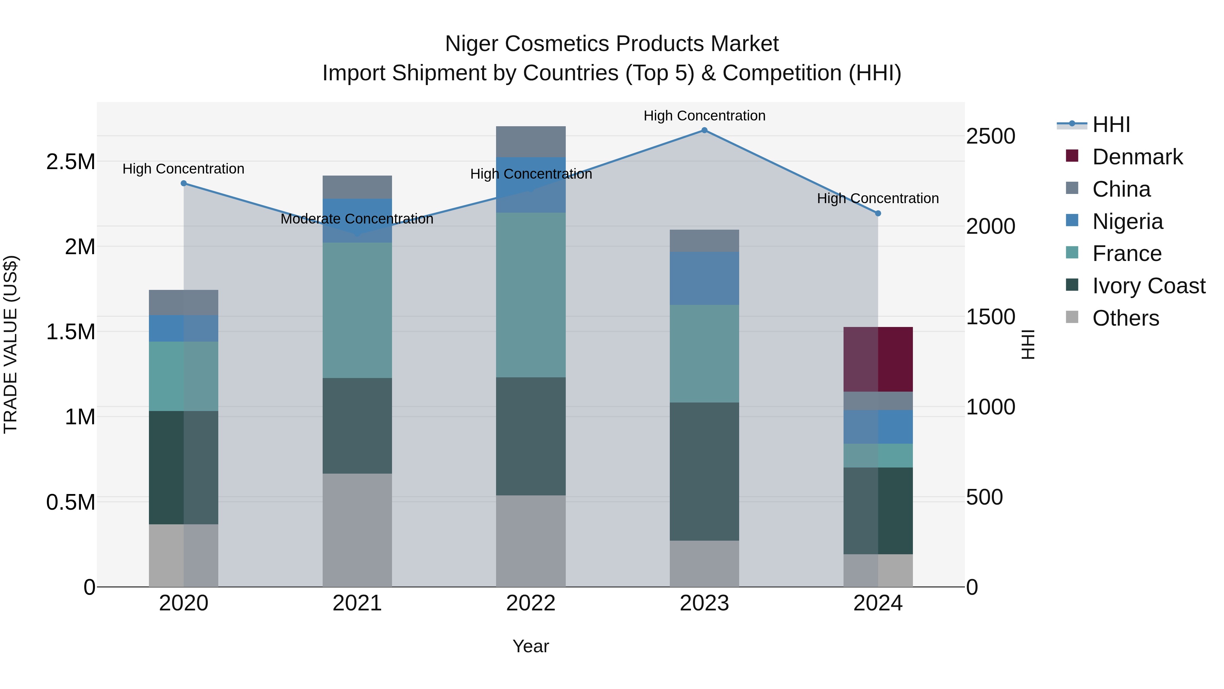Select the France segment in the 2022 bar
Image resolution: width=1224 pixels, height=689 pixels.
[531, 295]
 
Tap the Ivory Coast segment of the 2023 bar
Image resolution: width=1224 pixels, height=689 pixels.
[704, 471]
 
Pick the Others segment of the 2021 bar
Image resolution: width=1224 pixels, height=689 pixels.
[357, 530]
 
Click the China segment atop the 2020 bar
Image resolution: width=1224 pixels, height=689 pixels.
[183, 302]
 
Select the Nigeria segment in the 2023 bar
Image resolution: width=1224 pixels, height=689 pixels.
[704, 278]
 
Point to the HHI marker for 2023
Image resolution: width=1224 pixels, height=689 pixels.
[704, 130]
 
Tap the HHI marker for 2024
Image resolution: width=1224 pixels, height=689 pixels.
[878, 213]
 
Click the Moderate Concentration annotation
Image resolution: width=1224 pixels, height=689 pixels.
[357, 219]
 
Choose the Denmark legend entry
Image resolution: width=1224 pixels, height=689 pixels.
[1137, 157]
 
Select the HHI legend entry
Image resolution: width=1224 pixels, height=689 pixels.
[1110, 125]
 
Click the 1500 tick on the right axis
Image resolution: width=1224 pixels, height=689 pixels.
[991, 317]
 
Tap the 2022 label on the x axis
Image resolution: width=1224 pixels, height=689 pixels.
[531, 603]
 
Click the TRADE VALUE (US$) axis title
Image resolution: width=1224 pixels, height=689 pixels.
[11, 344]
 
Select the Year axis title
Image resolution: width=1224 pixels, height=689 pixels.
[531, 646]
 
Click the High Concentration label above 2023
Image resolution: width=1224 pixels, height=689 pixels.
[704, 116]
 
